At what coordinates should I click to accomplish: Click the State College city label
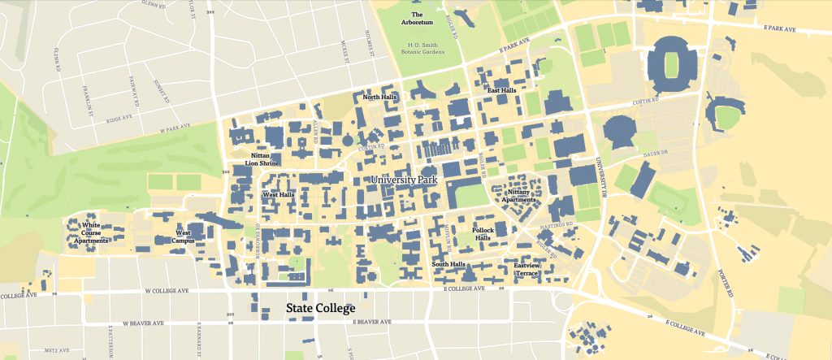click(319, 309)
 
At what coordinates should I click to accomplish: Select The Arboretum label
click(417, 18)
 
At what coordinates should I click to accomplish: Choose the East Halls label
click(500, 90)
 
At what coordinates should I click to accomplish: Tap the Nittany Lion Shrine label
click(262, 158)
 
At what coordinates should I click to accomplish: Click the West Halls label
click(278, 195)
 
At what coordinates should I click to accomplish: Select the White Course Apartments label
click(91, 233)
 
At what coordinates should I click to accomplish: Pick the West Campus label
click(184, 236)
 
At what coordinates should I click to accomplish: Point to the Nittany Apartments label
click(519, 195)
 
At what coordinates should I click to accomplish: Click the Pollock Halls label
click(488, 233)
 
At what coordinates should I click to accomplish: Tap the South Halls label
click(448, 264)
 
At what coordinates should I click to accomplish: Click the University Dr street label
click(604, 179)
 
